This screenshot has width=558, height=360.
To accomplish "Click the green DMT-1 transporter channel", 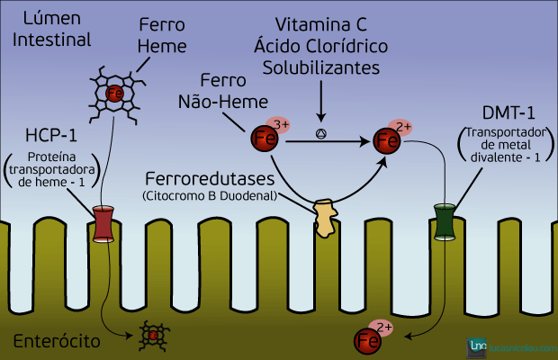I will pos(445,222).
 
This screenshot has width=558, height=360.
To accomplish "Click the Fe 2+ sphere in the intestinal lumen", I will pos(388,140).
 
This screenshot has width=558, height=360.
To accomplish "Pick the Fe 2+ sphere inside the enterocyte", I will pos(368,339).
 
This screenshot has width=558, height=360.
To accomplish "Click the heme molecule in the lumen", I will pos(114,94).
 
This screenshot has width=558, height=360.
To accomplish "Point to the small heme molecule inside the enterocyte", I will pos(152,335).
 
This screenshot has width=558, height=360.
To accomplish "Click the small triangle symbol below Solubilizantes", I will pos(320,134).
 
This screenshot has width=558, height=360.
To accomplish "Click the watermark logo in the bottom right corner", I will pos(508,346).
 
